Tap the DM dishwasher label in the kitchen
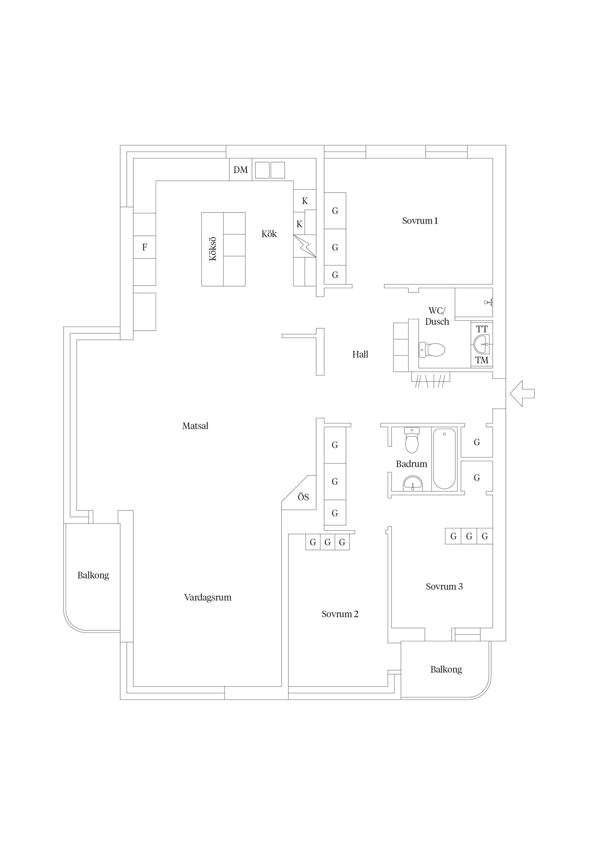[x=240, y=170]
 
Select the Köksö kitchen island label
[x=213, y=249]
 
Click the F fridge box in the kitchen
[x=145, y=247]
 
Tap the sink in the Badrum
[x=413, y=483]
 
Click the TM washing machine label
[x=482, y=360]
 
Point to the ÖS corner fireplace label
[x=303, y=497]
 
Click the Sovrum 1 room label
[x=420, y=221]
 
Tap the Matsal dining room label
[x=195, y=426]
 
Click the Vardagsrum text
[x=208, y=598]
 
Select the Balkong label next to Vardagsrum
[x=93, y=575]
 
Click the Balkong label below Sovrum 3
[x=446, y=670]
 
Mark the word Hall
[x=360, y=354]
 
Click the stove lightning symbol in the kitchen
[x=305, y=246]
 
